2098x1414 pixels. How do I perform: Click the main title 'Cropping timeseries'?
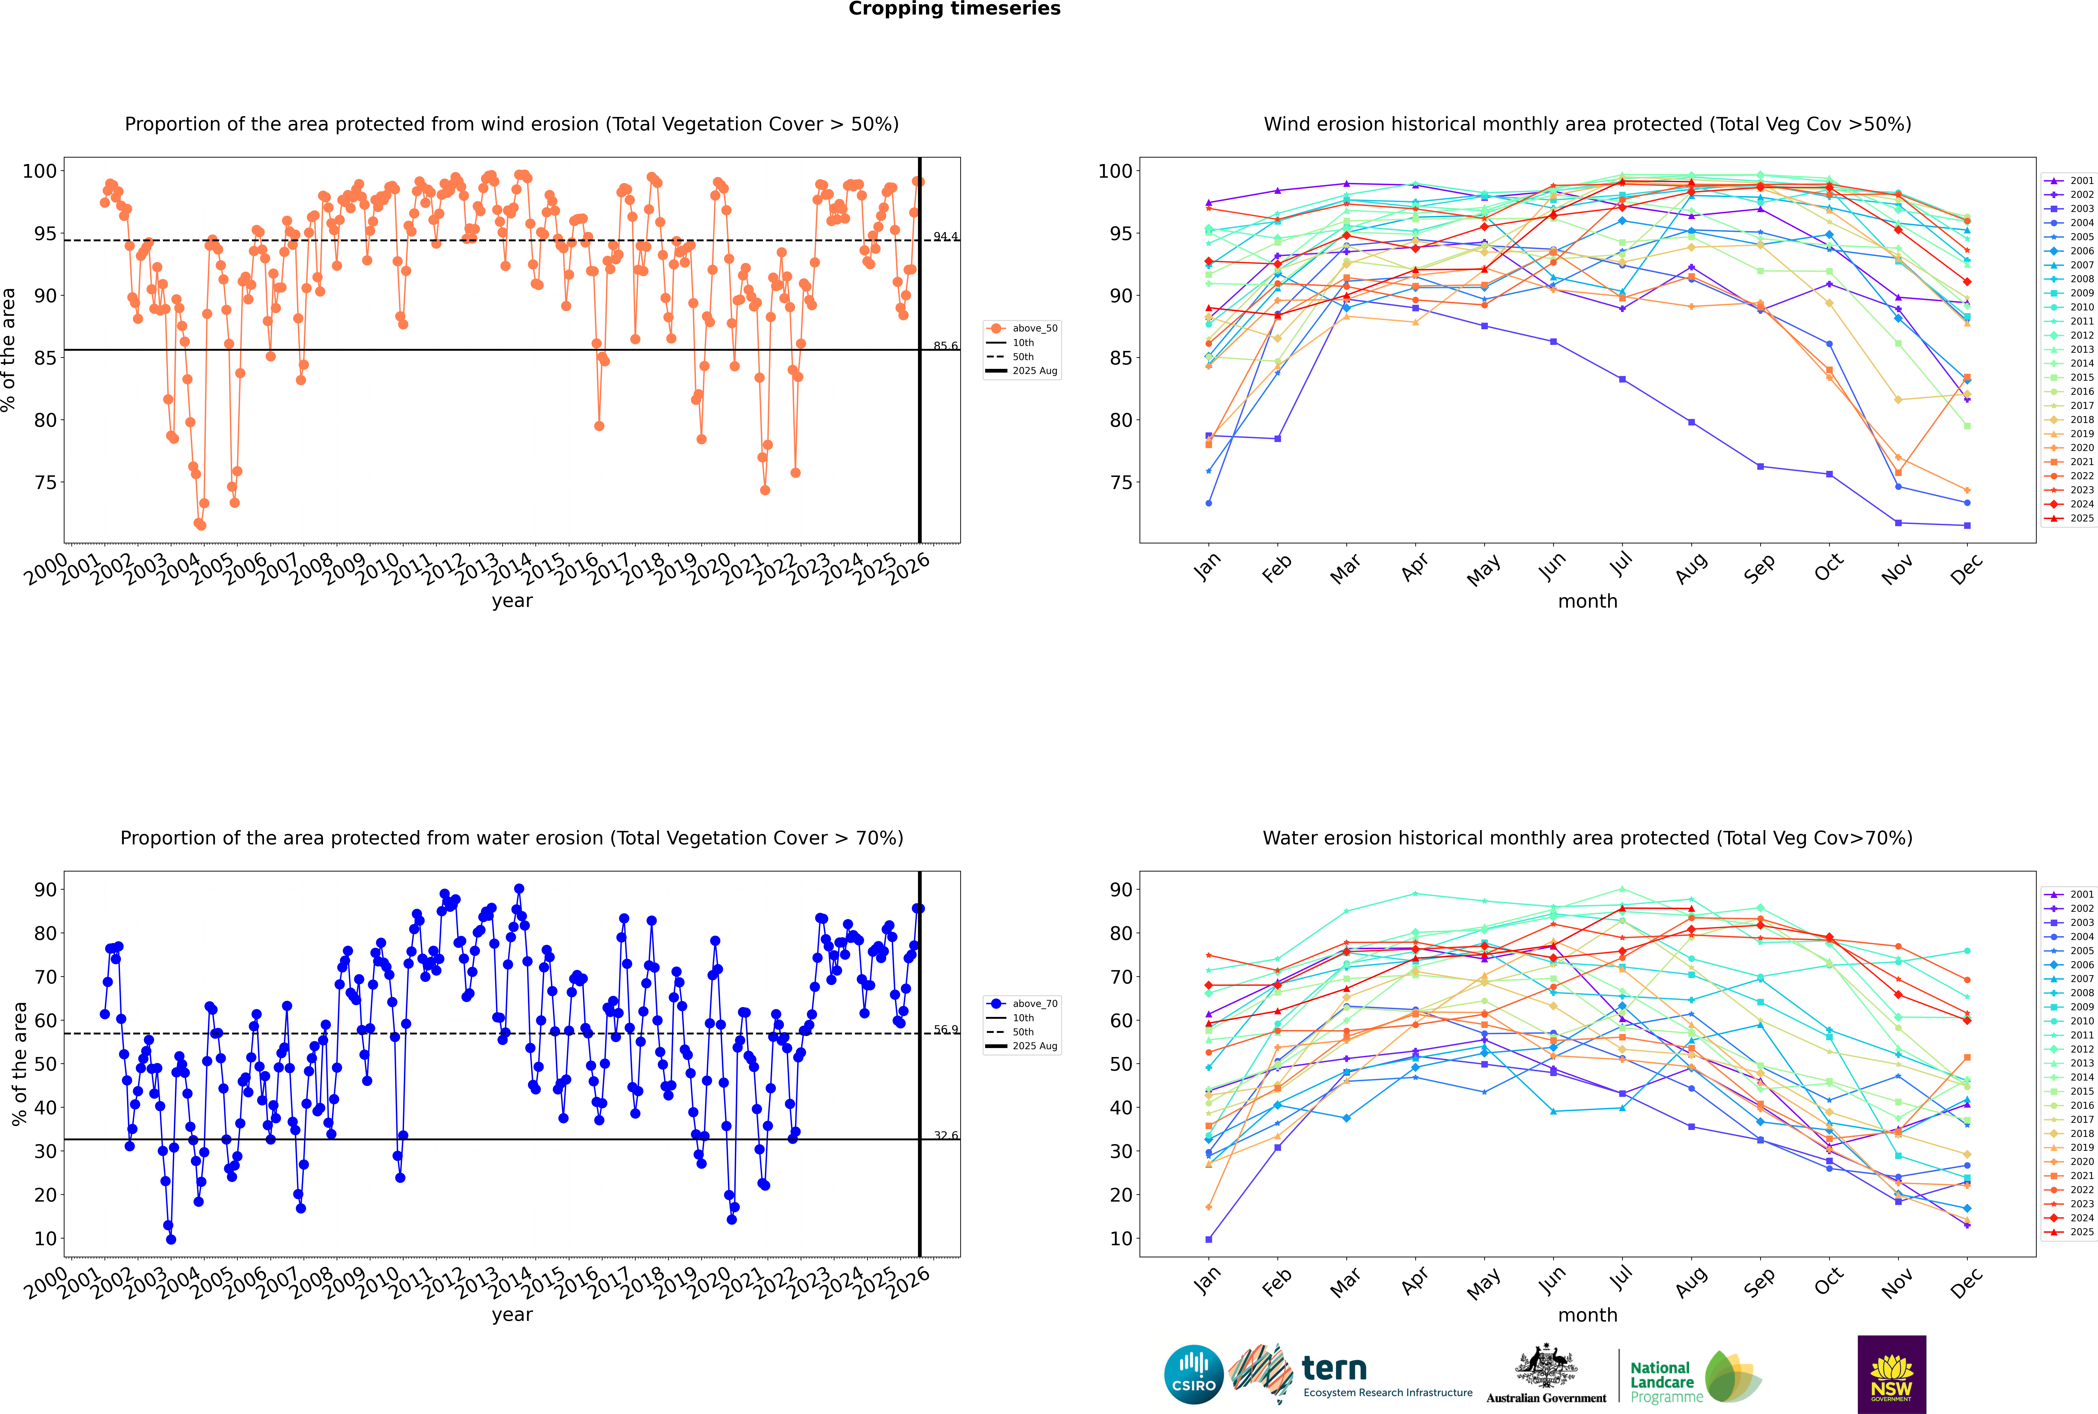click(954, 9)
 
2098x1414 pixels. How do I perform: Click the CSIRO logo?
click(1193, 1374)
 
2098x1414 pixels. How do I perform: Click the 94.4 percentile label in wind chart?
click(945, 236)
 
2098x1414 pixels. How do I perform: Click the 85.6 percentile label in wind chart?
click(945, 345)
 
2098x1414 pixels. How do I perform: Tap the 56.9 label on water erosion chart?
click(945, 1030)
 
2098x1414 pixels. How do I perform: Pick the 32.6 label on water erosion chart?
click(945, 1135)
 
